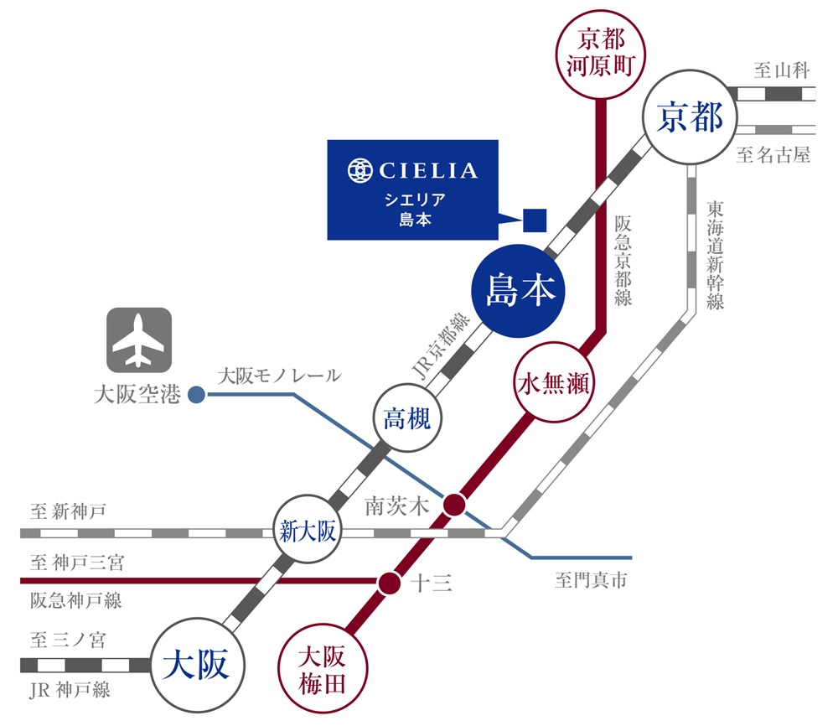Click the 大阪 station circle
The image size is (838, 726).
point(199,664)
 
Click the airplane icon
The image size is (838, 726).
point(139,340)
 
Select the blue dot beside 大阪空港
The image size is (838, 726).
point(196,393)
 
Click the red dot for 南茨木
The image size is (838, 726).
point(454,504)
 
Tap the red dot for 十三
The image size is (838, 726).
point(388,583)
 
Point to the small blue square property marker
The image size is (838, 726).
point(535,220)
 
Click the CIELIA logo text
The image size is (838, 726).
point(427,172)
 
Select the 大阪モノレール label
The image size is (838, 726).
point(279,376)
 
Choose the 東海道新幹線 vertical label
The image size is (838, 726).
point(714,255)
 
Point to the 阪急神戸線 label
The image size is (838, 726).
point(75,600)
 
